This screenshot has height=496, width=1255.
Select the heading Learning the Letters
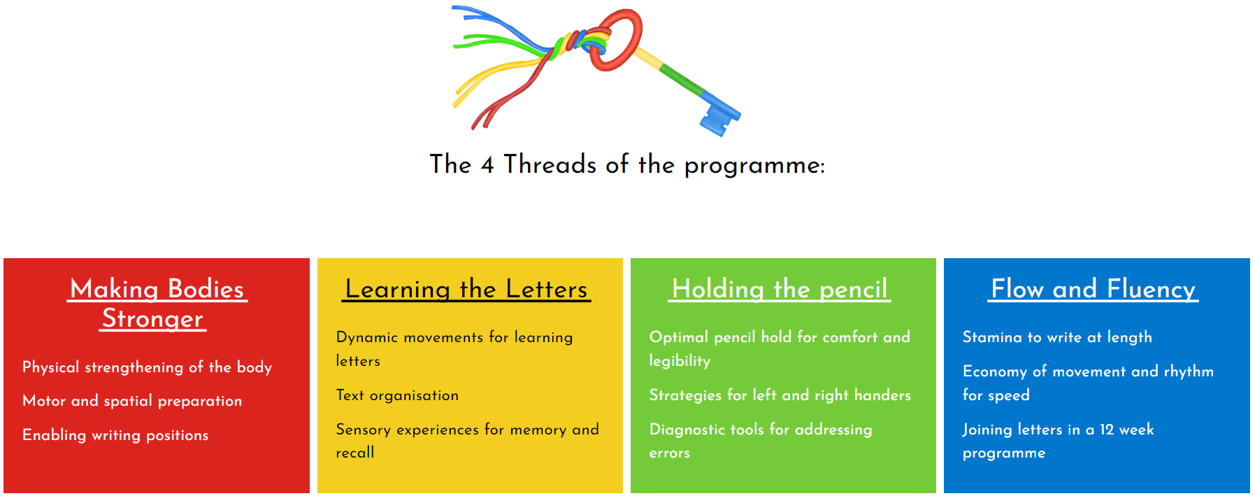tap(466, 289)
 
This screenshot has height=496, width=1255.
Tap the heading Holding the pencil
tap(780, 289)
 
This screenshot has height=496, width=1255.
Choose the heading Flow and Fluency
tap(1093, 289)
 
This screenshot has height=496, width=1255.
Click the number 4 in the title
tap(487, 165)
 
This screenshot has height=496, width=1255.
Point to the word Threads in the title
tap(550, 164)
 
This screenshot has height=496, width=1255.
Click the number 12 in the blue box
tap(1107, 430)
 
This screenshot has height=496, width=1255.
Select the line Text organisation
tap(397, 395)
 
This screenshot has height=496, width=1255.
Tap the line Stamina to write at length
tap(1057, 337)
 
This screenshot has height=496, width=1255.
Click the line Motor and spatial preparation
tap(132, 401)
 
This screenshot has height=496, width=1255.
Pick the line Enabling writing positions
tap(115, 435)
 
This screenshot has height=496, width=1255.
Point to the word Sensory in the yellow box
tap(363, 430)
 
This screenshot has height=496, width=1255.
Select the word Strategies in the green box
tap(685, 395)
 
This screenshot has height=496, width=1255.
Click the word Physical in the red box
tap(50, 367)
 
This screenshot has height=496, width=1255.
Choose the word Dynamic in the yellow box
tap(366, 337)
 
